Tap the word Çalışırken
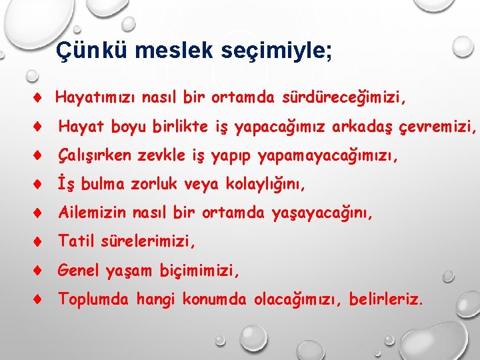tap(96, 156)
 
